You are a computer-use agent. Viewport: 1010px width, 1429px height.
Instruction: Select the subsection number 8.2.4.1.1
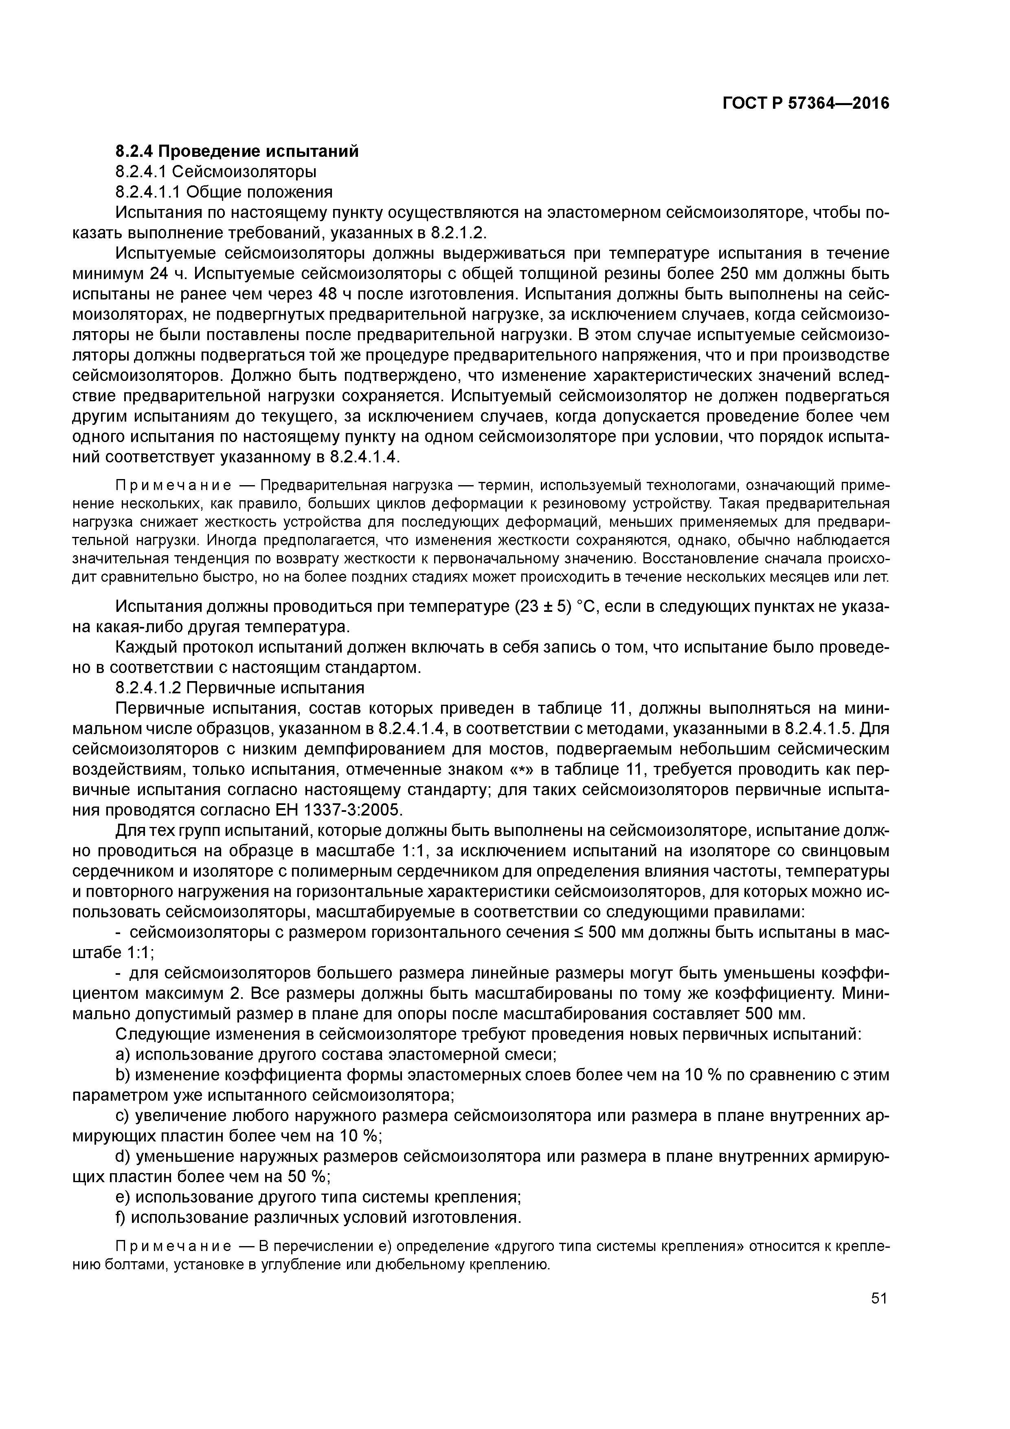147,192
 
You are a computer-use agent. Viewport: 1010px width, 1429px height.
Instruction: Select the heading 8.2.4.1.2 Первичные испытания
239,688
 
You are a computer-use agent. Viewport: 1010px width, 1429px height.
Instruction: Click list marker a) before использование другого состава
123,1055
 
